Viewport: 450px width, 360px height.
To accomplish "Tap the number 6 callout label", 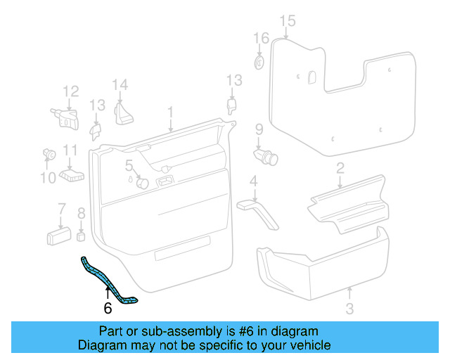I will [x=107, y=308].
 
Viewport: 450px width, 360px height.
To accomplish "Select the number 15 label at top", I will [x=287, y=21].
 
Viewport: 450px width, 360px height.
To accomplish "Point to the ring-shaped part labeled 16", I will [x=259, y=63].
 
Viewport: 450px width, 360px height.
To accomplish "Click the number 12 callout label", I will [x=70, y=91].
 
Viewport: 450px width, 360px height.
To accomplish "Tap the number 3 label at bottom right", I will [x=349, y=308].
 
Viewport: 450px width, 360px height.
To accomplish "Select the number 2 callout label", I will [x=340, y=168].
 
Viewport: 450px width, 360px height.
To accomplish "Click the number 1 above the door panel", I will [x=169, y=112].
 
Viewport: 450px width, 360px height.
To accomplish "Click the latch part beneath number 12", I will [x=65, y=117].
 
